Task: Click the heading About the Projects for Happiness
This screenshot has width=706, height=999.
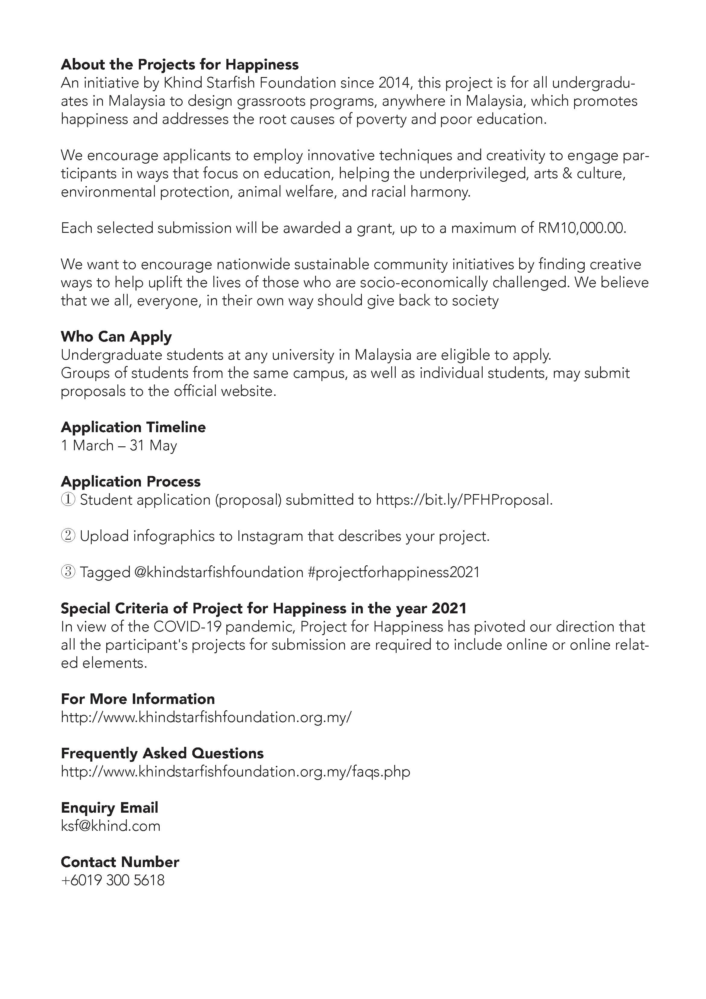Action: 180,64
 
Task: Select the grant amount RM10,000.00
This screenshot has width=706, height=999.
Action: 582,228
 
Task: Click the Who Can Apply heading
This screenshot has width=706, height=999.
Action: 116,336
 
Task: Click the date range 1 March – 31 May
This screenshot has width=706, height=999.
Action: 119,445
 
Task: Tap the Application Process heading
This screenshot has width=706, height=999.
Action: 130,481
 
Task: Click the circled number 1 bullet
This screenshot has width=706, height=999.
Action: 68,500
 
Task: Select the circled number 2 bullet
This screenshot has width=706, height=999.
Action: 68,536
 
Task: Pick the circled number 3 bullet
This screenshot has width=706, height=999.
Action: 68,572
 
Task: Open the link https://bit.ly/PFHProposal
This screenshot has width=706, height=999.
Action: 464,500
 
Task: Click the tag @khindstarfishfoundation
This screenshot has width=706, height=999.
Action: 219,572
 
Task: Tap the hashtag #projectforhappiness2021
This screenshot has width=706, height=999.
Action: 393,572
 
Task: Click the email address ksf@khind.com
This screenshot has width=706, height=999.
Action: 110,826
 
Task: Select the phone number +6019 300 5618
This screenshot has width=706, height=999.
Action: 113,880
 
